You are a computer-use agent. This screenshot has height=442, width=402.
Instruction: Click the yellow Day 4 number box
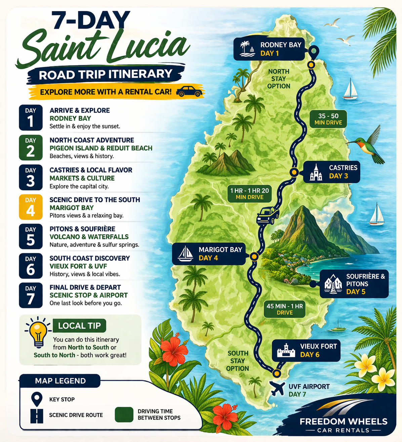pos(31,207)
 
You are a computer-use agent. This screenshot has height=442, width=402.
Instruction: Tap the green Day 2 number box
pos(31,148)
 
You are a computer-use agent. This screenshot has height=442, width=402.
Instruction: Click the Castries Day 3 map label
pos(331,172)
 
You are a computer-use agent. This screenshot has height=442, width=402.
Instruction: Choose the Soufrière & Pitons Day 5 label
pos(354,284)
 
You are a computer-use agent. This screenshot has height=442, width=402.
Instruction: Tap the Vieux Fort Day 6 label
pos(306,350)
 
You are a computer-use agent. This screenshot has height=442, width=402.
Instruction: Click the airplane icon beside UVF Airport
pos(278,389)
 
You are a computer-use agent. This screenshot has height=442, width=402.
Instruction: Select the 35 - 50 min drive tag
pos(328,119)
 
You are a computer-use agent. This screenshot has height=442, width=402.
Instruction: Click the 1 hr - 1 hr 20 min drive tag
pos(249,194)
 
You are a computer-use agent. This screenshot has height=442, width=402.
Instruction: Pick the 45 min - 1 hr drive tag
pos(284,309)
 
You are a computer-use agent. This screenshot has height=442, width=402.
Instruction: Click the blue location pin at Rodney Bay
pos(313,52)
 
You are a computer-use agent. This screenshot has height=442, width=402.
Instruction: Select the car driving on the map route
pos(268,215)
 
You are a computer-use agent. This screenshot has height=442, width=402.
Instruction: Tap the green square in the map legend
pos(124,414)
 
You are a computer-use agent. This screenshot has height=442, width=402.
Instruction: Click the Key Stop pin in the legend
pos(36,399)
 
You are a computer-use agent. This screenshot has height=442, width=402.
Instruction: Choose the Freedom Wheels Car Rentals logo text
pos(343,425)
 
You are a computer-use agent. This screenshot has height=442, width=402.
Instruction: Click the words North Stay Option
pos(279,79)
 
